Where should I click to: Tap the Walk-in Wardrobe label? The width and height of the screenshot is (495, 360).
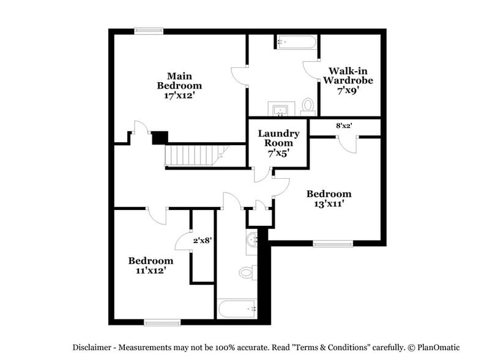click(348, 75)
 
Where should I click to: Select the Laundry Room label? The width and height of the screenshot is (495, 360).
click(278, 138)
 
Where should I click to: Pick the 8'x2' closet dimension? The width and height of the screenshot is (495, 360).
click(344, 126)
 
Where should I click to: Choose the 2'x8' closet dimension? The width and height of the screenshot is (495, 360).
click(203, 241)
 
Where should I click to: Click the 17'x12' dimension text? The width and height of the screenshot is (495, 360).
click(179, 96)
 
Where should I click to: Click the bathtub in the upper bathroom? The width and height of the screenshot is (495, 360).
click(296, 42)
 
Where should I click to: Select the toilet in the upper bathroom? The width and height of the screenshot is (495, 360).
click(308, 107)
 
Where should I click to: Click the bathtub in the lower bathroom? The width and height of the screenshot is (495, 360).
click(237, 309)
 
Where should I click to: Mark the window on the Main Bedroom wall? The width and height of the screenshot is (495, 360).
click(149, 31)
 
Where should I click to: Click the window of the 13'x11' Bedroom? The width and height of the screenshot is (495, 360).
click(333, 244)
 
